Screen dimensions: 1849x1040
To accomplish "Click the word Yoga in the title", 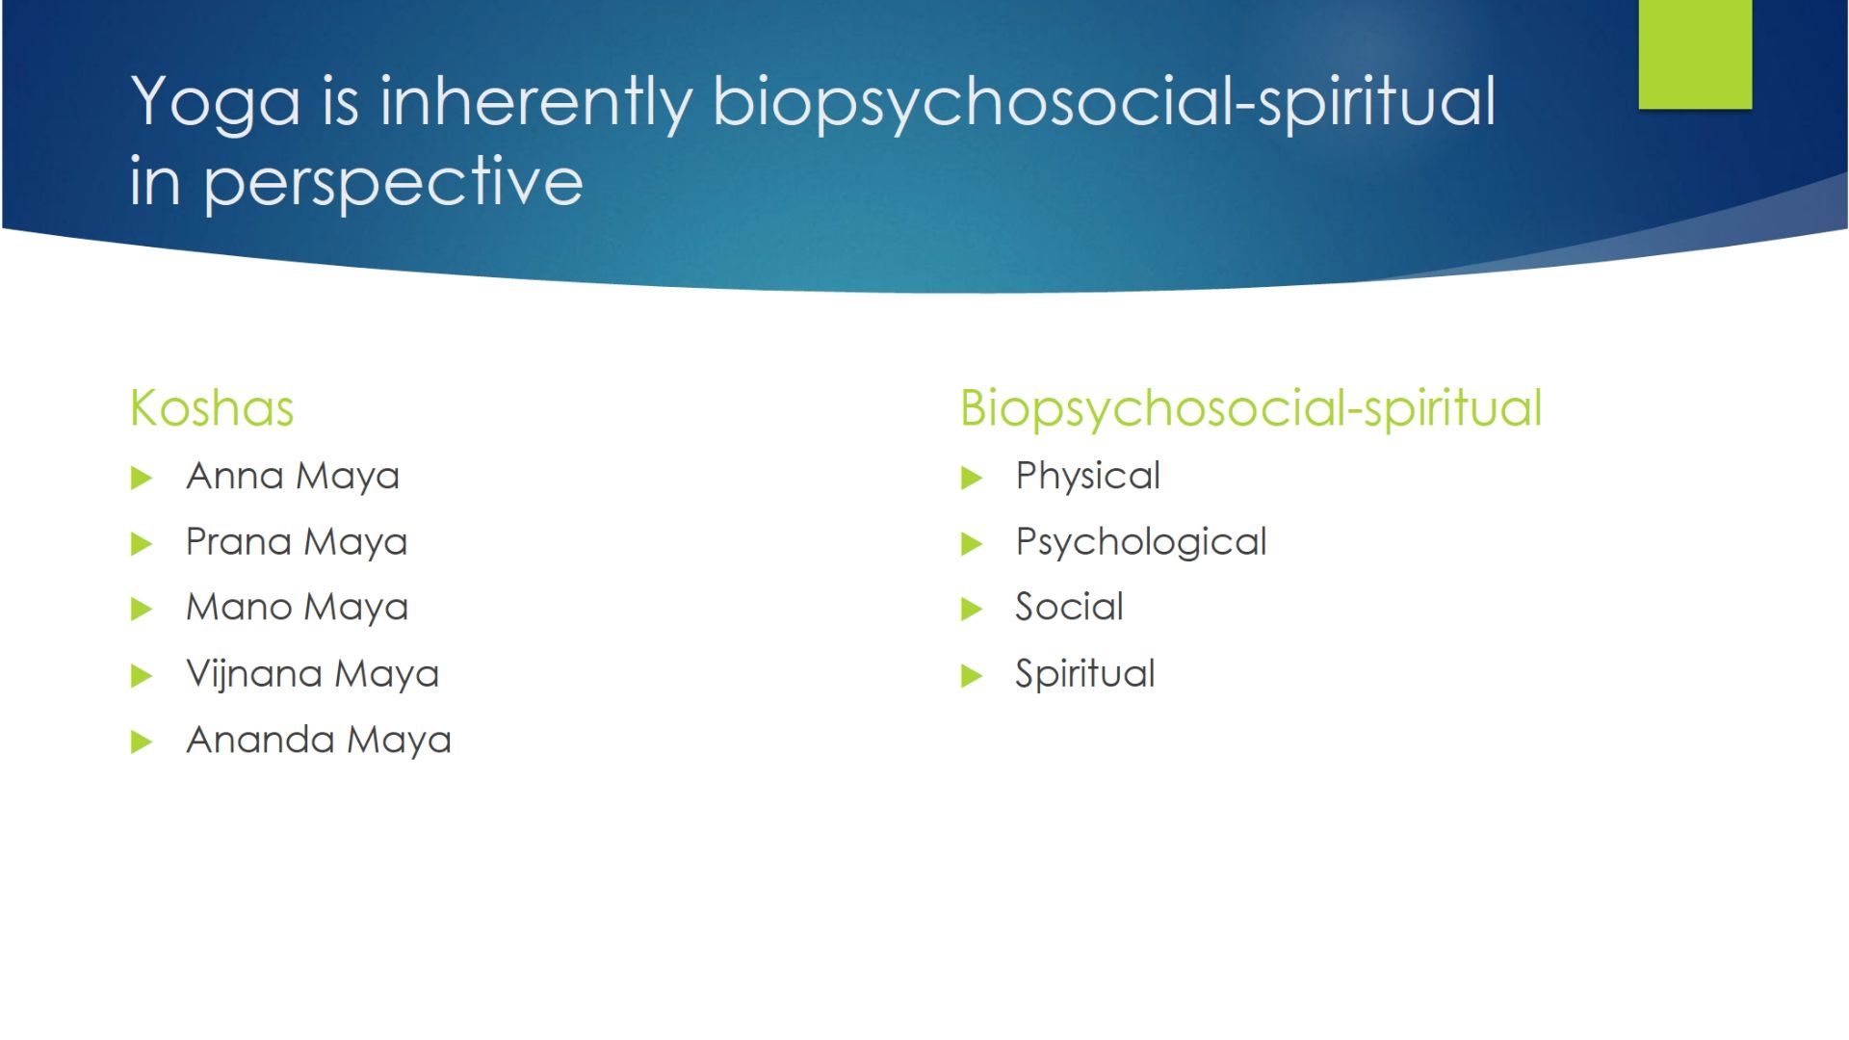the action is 216,104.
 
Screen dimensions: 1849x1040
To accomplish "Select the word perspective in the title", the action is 394,183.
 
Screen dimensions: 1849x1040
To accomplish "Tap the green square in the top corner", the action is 1695,54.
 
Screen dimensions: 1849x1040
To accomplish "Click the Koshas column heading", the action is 212,407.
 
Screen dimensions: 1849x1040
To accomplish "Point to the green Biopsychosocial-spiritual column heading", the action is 1251,409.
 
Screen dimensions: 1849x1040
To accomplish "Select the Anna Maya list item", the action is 293,477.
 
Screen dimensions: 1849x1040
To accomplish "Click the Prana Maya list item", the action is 297,542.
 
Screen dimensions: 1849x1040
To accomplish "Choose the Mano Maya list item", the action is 298,608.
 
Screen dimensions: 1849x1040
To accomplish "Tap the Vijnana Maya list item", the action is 312,674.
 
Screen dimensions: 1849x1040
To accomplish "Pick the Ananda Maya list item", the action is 319,741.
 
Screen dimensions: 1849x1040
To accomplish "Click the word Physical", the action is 1088,477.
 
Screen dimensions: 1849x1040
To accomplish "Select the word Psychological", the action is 1141,542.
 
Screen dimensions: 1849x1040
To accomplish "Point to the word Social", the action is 1069,607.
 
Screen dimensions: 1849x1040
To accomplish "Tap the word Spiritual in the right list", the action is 1085,674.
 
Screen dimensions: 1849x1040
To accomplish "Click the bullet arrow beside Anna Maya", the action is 142,478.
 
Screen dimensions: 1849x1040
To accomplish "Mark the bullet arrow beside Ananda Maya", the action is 142,741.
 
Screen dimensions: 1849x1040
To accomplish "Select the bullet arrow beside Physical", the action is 972,478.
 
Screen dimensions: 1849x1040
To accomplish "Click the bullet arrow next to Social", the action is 972,609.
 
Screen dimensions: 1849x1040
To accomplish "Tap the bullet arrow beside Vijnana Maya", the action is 142,676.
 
